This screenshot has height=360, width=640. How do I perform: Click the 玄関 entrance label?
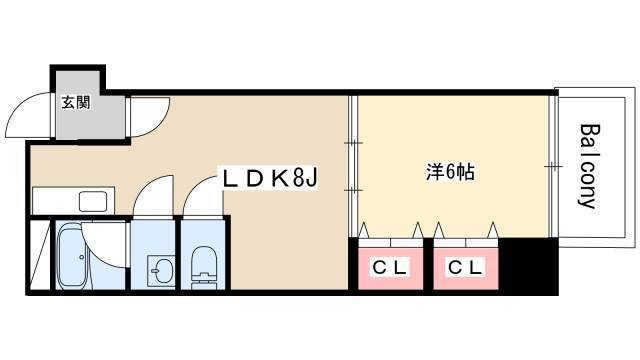point(75,101)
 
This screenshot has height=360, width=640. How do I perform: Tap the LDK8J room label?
point(270,180)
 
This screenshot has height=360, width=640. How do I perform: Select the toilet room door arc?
point(200,196)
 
